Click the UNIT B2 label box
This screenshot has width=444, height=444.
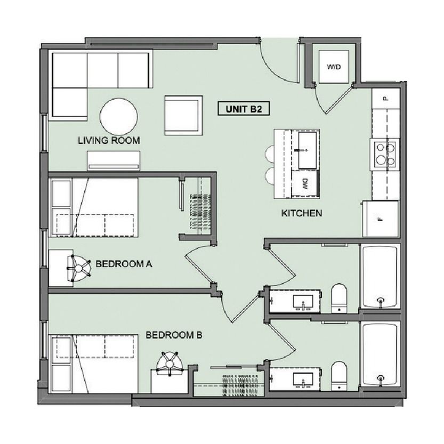tap(244, 109)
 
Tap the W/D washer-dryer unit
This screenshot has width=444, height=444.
tap(334, 67)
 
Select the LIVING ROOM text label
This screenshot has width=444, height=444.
tap(109, 141)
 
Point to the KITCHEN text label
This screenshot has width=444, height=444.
tap(302, 213)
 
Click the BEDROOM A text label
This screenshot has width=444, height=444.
tap(124, 264)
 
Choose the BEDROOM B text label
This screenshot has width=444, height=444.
tap(174, 335)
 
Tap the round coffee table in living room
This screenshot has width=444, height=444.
tap(119, 117)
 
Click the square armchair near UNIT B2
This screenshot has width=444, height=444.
tap(184, 115)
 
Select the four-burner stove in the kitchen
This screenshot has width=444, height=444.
tap(385, 155)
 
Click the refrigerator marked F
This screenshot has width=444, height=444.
tap(381, 219)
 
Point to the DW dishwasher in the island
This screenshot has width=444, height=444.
tap(305, 184)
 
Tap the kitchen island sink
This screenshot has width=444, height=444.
tap(308, 150)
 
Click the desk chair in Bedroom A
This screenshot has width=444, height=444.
tap(79, 268)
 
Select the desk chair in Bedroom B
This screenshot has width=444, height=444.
tap(170, 363)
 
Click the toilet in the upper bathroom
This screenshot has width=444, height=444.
tap(339, 298)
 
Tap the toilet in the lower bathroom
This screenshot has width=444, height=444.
tap(339, 376)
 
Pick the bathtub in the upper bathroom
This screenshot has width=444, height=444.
tap(380, 277)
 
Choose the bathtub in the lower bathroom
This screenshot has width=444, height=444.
tap(380, 354)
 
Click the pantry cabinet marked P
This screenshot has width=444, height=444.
tap(386, 99)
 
